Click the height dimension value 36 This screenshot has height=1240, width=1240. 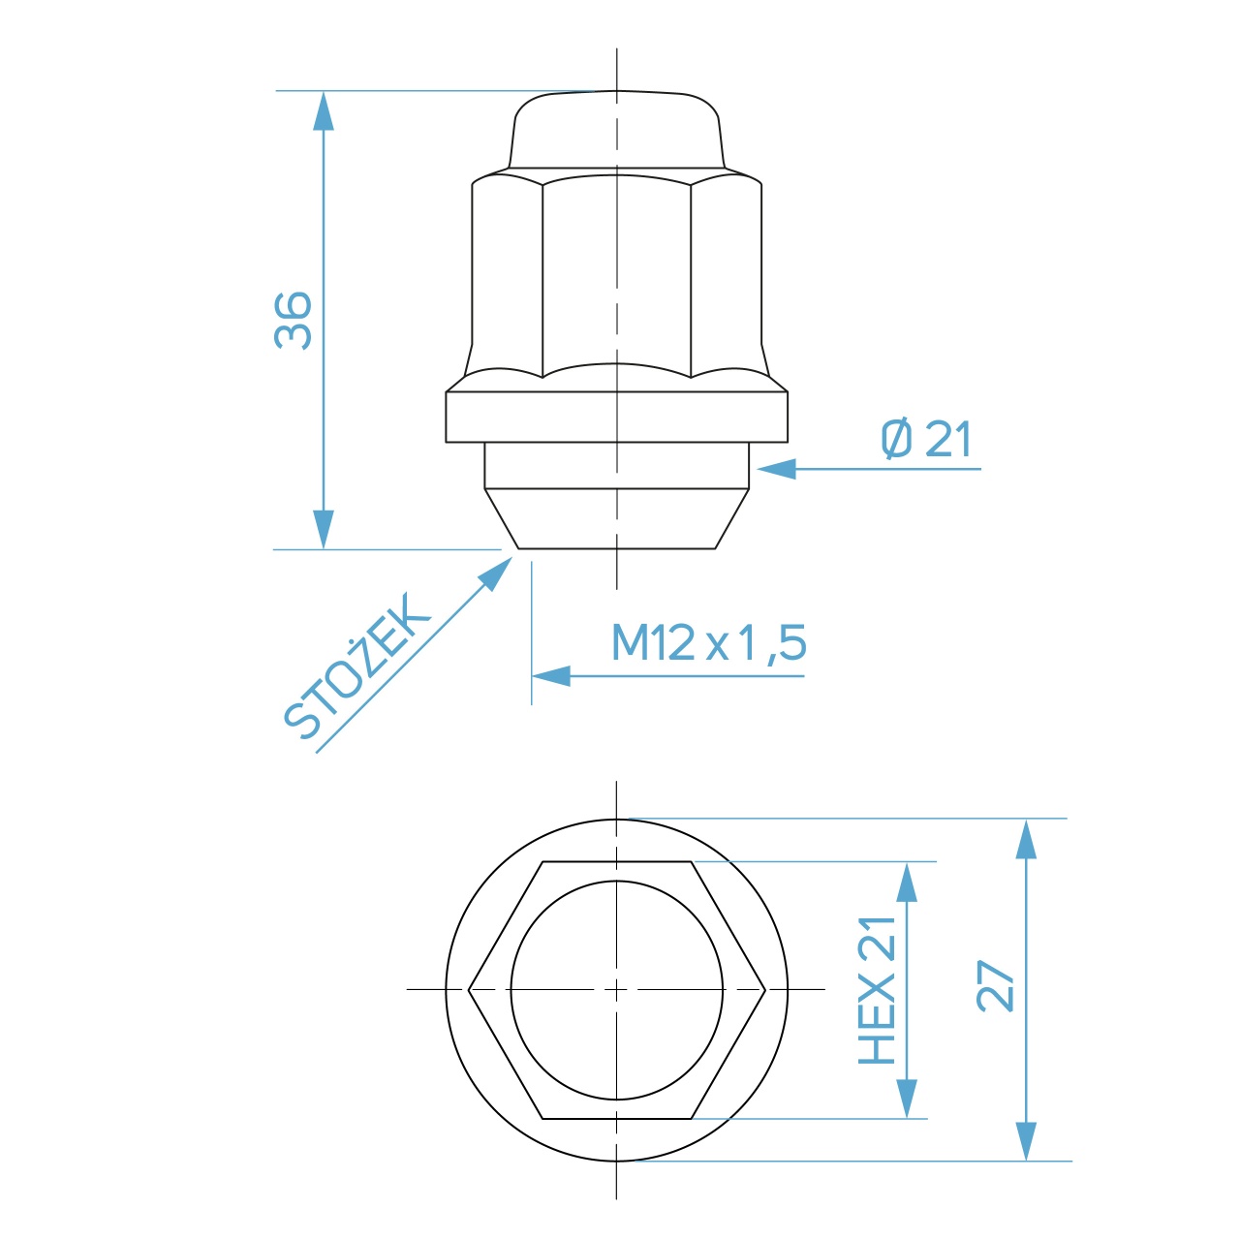click(294, 321)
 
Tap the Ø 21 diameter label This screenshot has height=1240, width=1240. click(926, 439)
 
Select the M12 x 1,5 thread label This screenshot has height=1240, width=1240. click(709, 642)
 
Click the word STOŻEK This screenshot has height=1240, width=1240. click(356, 666)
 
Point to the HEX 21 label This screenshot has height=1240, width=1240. click(878, 990)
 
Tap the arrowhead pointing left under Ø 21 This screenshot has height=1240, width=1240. click(777, 469)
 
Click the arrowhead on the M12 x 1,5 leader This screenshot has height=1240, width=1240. click(551, 676)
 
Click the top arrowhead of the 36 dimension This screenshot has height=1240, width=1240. click(323, 110)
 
